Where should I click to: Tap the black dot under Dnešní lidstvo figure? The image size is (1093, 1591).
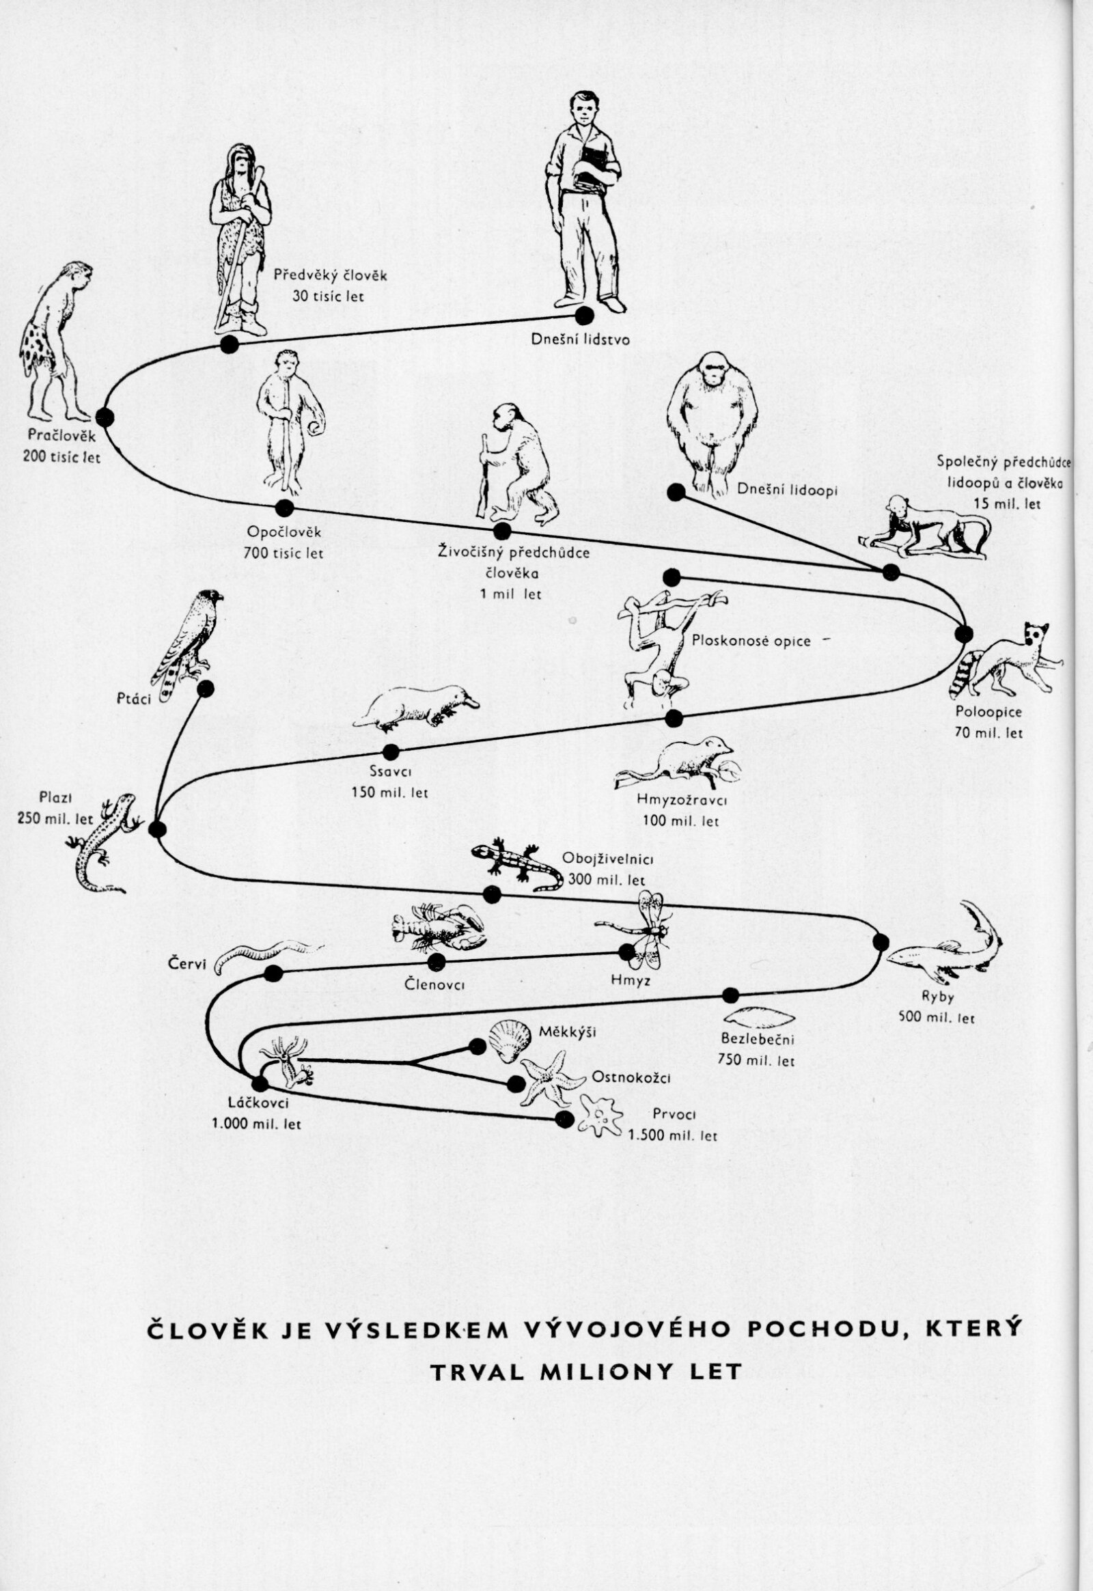pos(583,316)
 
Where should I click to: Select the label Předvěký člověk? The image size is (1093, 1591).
pos(330,276)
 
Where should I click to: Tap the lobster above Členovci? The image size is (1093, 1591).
pos(437,926)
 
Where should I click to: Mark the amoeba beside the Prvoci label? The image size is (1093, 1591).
pos(600,1116)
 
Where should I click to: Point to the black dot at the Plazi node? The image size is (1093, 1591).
pos(158,829)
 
